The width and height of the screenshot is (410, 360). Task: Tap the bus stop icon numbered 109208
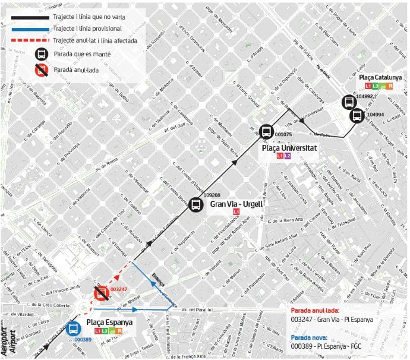click(x=195, y=204)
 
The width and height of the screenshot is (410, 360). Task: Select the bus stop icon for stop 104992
click(x=349, y=103)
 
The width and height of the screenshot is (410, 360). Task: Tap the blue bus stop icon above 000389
click(x=72, y=329)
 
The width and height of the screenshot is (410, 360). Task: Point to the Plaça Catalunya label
click(x=380, y=77)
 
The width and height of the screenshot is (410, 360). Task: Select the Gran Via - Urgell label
click(x=236, y=204)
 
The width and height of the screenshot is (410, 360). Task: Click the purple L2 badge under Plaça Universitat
click(x=288, y=156)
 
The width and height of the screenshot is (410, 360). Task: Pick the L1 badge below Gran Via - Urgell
click(x=236, y=212)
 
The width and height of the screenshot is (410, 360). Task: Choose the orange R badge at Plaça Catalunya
click(x=390, y=86)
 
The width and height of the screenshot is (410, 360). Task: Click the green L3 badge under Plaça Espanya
click(x=105, y=331)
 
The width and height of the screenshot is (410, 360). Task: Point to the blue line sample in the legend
click(x=29, y=29)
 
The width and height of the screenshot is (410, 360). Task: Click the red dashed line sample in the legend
click(x=29, y=40)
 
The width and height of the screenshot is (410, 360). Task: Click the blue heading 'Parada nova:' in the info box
click(x=309, y=336)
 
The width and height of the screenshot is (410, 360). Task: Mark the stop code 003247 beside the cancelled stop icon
click(x=119, y=289)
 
